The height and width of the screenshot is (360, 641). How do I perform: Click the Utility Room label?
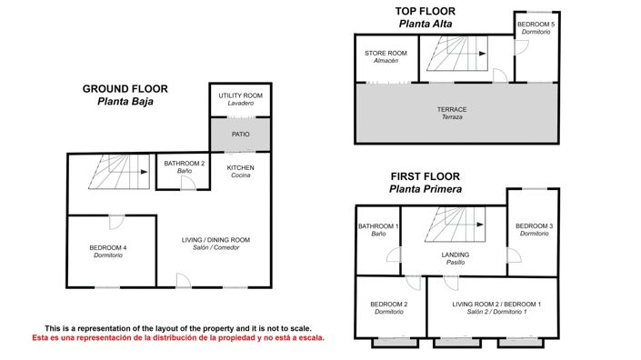(x=240, y=99)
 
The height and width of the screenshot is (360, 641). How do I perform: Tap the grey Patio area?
(x=240, y=135)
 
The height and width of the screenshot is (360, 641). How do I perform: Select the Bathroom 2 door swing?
(x=188, y=183)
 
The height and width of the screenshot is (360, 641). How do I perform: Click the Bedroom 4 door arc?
(x=116, y=223)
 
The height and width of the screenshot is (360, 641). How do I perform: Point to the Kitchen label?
(x=240, y=171)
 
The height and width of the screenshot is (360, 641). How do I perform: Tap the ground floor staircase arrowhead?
(x=145, y=172)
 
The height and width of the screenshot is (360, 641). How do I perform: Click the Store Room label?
(x=386, y=56)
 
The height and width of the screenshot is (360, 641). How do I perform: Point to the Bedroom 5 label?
(x=536, y=28)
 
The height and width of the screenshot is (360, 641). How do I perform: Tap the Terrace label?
(x=452, y=114)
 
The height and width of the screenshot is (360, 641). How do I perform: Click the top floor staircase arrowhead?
(x=483, y=54)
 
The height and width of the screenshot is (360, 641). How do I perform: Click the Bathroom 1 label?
(x=378, y=230)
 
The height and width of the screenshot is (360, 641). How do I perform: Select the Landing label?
(x=456, y=258)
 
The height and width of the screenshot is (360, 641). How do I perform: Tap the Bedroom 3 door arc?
(x=515, y=255)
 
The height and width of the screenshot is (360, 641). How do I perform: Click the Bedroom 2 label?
(x=389, y=307)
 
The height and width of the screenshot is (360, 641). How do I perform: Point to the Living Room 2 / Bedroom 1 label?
(x=496, y=307)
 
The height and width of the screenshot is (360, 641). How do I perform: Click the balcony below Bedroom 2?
(x=396, y=343)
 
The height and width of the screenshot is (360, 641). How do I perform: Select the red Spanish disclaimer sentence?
(x=178, y=338)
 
